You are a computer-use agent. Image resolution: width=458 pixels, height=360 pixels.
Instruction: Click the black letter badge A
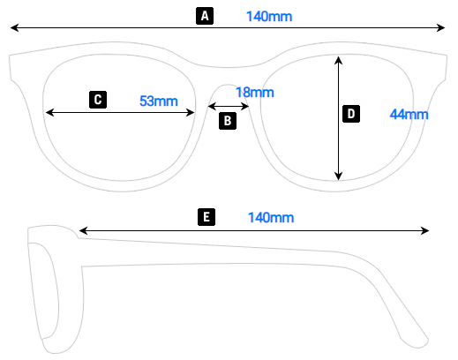(205, 16)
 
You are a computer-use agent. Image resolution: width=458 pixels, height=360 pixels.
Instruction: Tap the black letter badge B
(228, 121)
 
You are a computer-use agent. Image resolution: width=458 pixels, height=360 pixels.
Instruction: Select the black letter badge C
(98, 100)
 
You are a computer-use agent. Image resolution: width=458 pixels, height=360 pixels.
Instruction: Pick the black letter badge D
(350, 114)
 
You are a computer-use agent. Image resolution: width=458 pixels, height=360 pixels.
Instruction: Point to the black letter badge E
(206, 217)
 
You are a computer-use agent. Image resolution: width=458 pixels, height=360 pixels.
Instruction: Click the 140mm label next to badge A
(269, 16)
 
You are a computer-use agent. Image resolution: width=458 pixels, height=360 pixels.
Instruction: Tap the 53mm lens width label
(159, 101)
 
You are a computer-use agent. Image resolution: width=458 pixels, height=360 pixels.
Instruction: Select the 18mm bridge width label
(254, 92)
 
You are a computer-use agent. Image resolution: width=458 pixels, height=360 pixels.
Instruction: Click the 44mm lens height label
(409, 115)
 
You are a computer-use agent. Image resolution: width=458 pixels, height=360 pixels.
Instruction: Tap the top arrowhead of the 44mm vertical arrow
(338, 59)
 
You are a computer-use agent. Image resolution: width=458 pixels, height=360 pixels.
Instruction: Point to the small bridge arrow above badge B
(229, 106)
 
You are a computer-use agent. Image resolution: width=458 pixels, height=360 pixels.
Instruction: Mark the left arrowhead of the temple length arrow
(83, 232)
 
